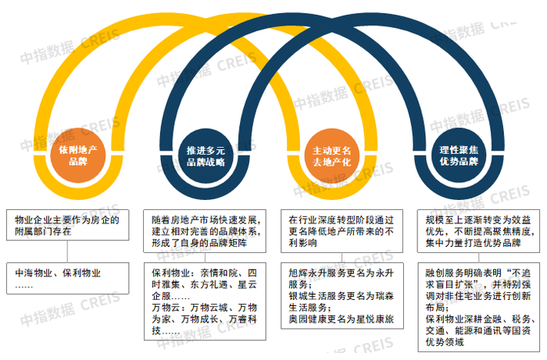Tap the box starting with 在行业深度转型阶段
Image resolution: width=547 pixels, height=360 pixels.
[340, 232]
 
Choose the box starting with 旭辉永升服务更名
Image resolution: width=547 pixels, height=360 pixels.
[340, 298]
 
